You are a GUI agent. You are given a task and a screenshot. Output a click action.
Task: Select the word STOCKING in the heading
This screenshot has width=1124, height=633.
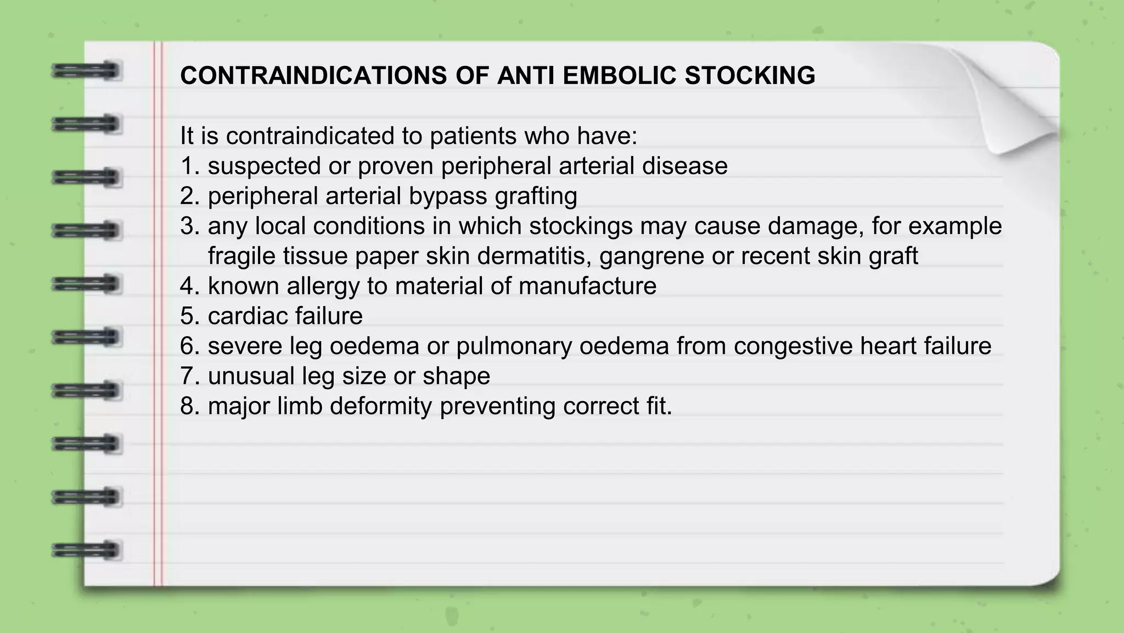tap(750, 75)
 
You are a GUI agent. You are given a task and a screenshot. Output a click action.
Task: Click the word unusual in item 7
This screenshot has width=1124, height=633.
tap(251, 376)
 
